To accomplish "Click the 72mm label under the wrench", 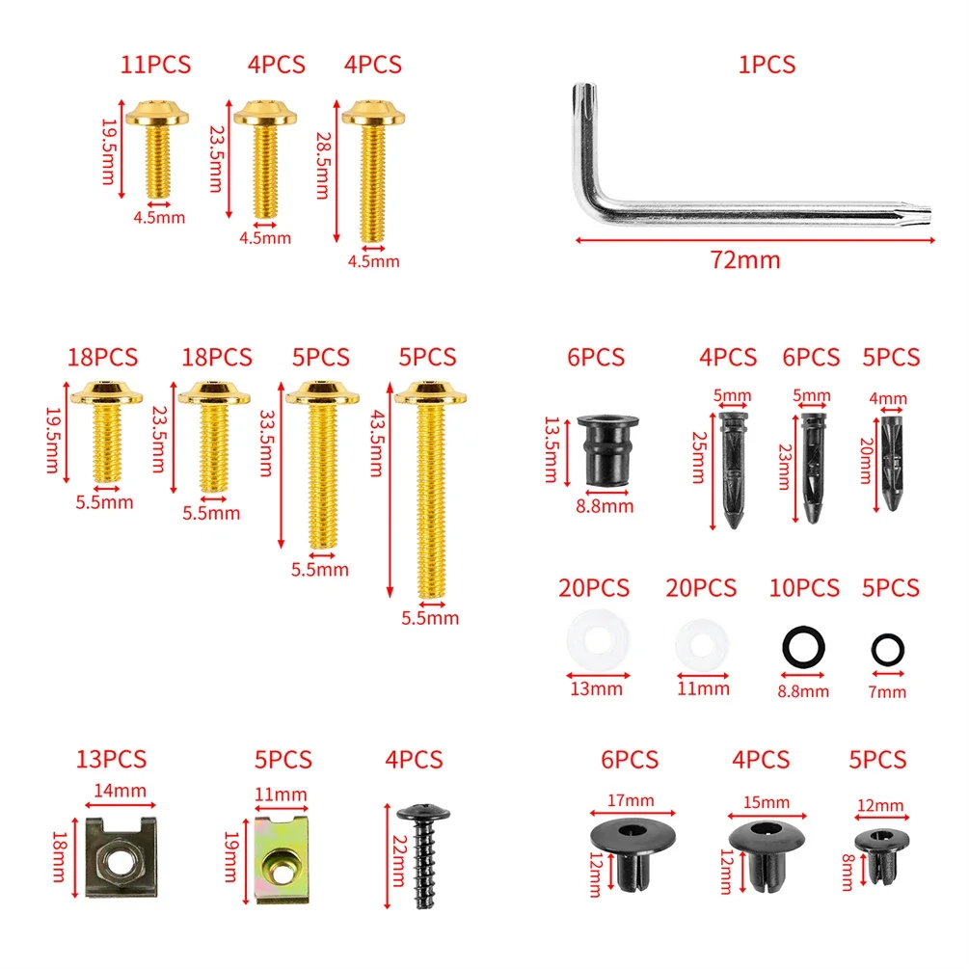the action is click(x=745, y=259).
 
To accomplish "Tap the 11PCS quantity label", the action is click(x=156, y=65).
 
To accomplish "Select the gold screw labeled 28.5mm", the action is click(x=372, y=172).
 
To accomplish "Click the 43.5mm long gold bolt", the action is click(x=431, y=492).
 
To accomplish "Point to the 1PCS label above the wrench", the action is click(x=767, y=65).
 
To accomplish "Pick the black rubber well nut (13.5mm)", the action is click(x=607, y=450).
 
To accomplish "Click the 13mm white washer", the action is click(x=598, y=640).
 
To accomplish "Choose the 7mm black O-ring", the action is click(x=887, y=650).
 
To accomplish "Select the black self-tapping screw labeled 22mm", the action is click(x=424, y=856).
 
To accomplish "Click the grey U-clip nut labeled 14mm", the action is click(x=121, y=857).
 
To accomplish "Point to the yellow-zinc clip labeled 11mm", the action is click(x=282, y=859).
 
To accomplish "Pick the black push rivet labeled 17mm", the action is click(x=633, y=854).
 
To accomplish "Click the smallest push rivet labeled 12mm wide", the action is click(x=881, y=856).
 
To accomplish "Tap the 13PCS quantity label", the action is click(x=111, y=759).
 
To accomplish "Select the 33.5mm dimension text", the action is click(x=266, y=444).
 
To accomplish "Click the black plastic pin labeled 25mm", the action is click(x=733, y=470).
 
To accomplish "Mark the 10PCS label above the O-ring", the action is click(x=804, y=588).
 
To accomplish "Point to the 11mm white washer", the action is click(x=702, y=645).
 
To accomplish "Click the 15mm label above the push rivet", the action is click(x=767, y=802).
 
